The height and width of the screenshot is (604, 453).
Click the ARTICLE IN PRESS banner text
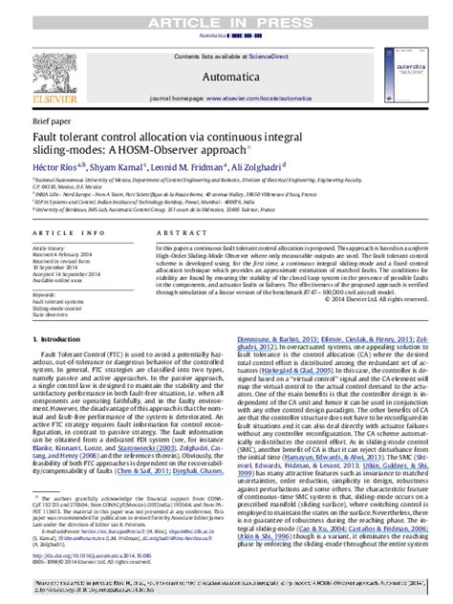tap(226, 9)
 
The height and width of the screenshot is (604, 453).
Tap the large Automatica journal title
tap(227, 76)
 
